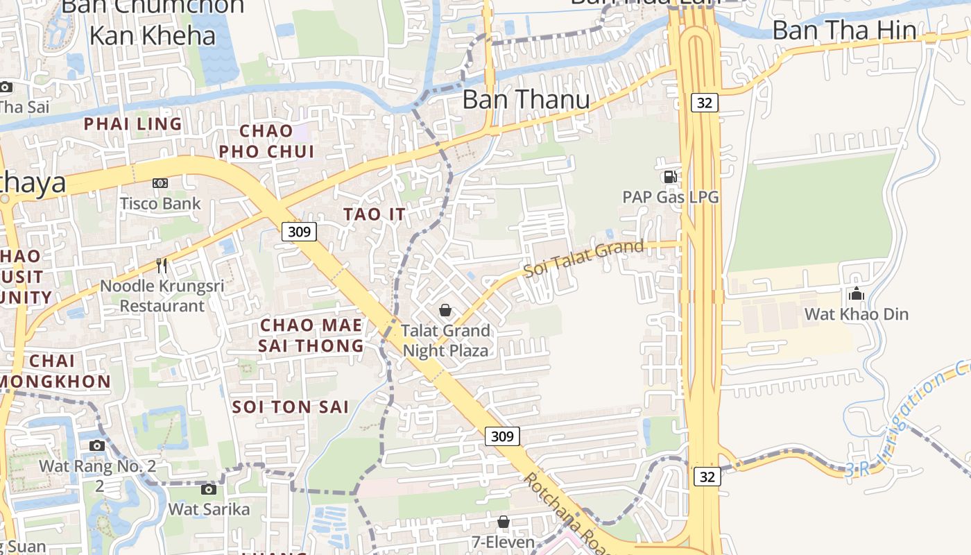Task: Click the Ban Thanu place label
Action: coord(526,99)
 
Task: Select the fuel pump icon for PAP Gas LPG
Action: coord(670,177)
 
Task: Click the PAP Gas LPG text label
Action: coord(670,197)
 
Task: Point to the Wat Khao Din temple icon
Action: coord(856,293)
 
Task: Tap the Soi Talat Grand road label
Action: coord(584,258)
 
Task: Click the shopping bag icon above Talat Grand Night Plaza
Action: coord(445,310)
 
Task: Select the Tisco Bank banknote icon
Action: coord(160,183)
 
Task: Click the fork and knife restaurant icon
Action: coord(162,265)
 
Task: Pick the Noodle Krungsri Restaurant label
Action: coord(162,296)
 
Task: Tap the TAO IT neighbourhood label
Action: coord(374,214)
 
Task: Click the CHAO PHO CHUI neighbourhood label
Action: coord(266,141)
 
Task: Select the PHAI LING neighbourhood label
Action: coord(132,124)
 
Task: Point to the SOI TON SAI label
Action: coord(291,407)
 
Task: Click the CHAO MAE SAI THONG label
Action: coord(311,335)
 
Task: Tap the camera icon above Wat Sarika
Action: coord(208,489)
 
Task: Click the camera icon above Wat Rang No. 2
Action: coord(97,445)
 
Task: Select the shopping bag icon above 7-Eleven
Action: coord(504,522)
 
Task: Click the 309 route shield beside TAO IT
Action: coord(299,231)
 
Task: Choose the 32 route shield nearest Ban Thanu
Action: coord(704,103)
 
